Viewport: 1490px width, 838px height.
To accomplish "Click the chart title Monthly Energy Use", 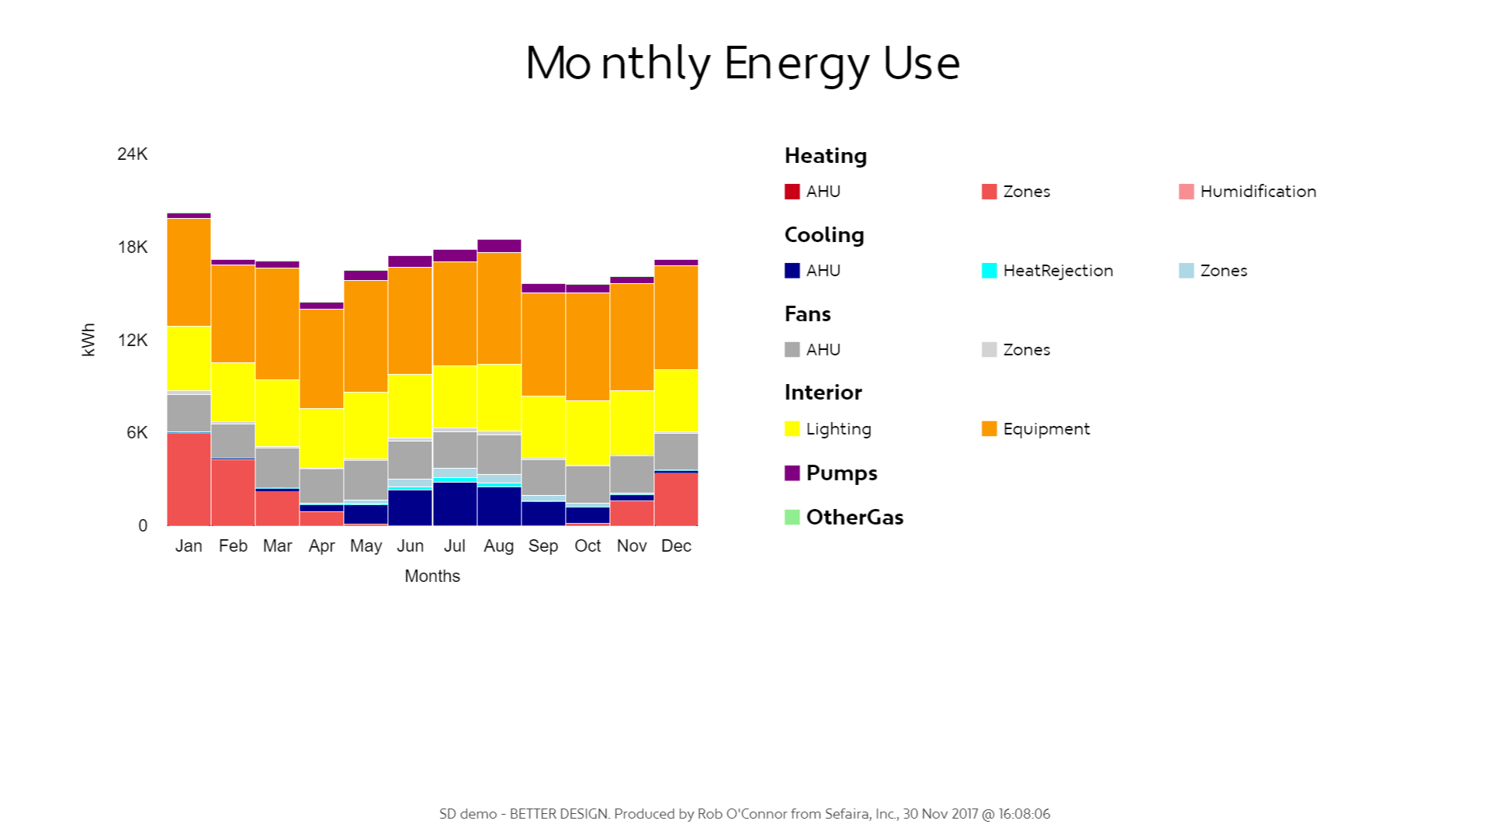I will (743, 64).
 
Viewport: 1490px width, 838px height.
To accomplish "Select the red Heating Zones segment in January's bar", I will (189, 479).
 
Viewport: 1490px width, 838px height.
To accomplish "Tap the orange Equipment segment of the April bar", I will (321, 358).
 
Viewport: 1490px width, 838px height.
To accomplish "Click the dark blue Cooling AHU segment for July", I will (455, 504).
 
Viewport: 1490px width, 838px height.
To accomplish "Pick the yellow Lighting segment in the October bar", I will (587, 433).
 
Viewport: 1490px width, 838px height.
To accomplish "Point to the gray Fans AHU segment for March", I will (277, 467).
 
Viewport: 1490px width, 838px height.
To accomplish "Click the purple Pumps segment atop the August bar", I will (499, 246).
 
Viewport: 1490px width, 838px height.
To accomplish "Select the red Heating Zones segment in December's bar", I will (676, 499).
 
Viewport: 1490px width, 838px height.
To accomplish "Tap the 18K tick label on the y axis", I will (133, 248).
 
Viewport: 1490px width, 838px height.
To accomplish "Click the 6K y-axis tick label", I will (137, 433).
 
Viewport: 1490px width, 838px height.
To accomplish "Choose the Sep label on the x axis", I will (543, 546).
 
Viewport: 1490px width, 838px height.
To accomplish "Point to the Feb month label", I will (233, 546).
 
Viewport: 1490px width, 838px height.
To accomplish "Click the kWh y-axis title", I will (88, 340).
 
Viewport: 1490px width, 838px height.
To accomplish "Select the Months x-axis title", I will (432, 577).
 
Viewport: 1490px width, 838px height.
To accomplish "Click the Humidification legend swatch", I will (1186, 192).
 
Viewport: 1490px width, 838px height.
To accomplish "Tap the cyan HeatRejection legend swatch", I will (989, 271).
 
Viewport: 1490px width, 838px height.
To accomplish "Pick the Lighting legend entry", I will (838, 429).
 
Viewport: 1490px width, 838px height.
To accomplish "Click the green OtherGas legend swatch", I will (792, 518).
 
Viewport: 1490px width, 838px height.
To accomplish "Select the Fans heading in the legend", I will (808, 314).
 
